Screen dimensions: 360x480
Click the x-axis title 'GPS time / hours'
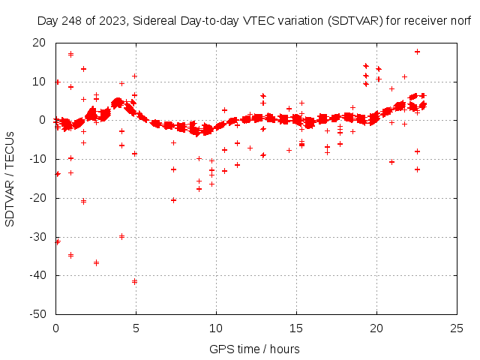click(x=254, y=349)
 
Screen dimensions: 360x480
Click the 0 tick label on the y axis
click(x=43, y=120)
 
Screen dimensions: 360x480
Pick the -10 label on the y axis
click(x=37, y=159)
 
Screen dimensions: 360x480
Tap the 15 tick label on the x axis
click(x=296, y=328)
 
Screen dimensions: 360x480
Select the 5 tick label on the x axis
click(x=136, y=328)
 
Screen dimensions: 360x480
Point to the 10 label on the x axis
click(x=216, y=328)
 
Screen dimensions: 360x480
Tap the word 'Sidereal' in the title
click(x=157, y=21)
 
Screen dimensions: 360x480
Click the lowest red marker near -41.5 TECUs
click(x=135, y=281)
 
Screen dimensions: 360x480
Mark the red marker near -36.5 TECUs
click(x=96, y=262)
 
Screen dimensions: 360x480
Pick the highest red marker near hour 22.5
click(x=417, y=52)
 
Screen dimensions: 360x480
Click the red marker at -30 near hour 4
click(x=121, y=236)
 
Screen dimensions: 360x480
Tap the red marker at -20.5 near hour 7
click(x=173, y=199)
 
